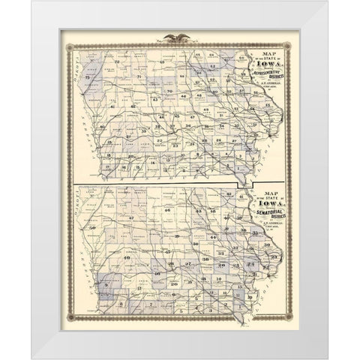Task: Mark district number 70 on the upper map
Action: pyautogui.click(x=169, y=91)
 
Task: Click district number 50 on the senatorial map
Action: pyautogui.click(x=92, y=226)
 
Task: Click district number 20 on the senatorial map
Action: pyautogui.click(x=172, y=283)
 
